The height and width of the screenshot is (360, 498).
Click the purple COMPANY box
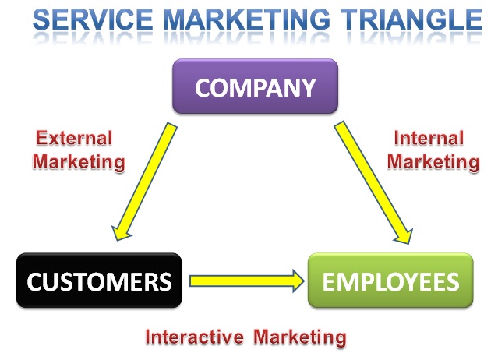[x=255, y=86]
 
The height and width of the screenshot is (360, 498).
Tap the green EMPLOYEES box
[x=390, y=280]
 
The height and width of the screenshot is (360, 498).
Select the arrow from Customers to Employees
[x=245, y=279]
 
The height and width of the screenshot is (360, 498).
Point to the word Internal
[x=429, y=139]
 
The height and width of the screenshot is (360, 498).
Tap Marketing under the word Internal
[x=433, y=162]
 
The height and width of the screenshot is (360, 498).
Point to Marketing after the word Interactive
[x=295, y=337]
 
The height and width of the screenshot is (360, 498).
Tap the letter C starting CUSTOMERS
[x=34, y=281]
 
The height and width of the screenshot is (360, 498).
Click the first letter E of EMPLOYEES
[x=330, y=281]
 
